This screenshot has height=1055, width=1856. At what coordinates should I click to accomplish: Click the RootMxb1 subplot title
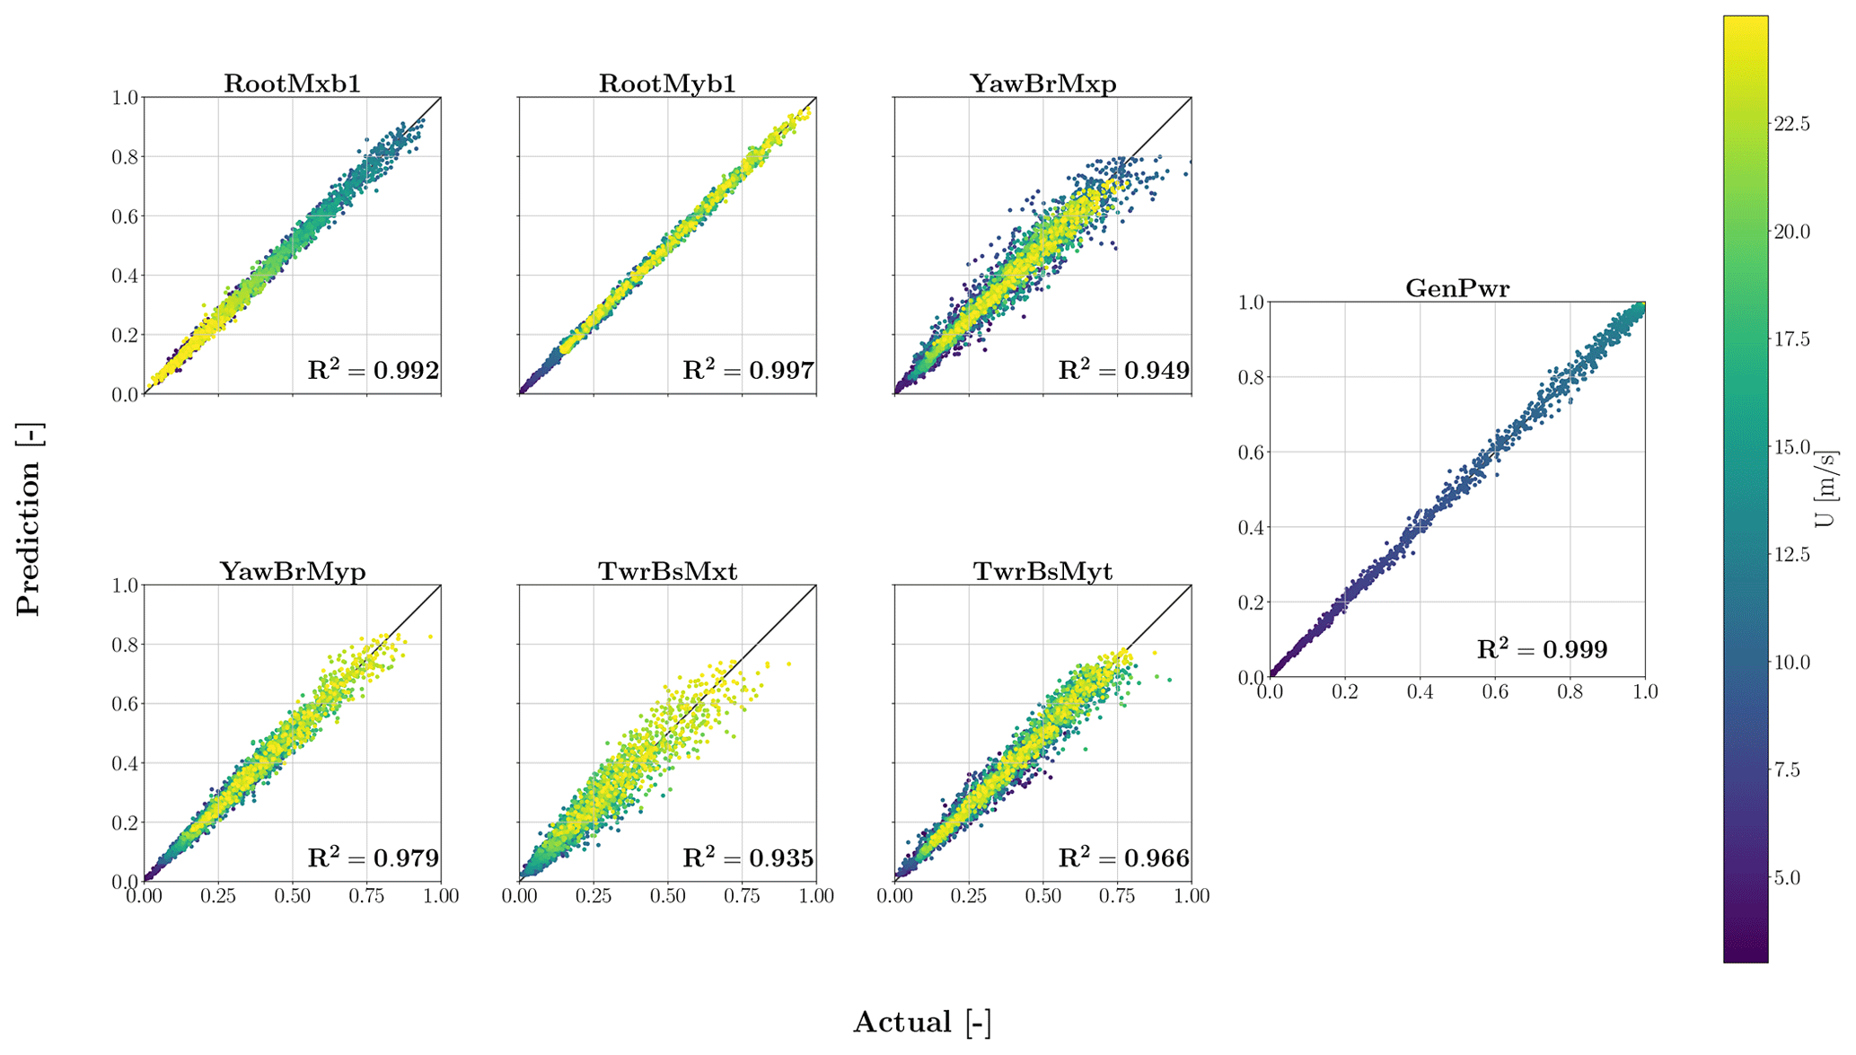(x=292, y=84)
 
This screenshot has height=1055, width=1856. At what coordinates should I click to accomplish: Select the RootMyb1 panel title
(x=667, y=84)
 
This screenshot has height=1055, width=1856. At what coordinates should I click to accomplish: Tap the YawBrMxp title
(x=1042, y=84)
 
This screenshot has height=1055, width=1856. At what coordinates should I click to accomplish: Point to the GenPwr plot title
(x=1456, y=288)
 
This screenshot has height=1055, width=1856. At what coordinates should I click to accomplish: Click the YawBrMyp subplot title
(x=292, y=571)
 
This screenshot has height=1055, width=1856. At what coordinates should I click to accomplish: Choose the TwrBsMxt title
(x=667, y=571)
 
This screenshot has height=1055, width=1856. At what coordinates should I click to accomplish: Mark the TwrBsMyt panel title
(x=1042, y=571)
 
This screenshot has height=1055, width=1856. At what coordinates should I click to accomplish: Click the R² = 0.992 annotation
(x=373, y=369)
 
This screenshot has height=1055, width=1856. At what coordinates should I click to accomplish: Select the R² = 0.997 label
(x=748, y=369)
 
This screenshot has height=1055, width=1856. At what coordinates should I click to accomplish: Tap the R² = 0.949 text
(x=1123, y=369)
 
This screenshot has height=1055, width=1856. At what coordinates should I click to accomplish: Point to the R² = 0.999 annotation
(x=1542, y=648)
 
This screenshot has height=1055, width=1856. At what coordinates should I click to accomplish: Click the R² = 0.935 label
(x=748, y=857)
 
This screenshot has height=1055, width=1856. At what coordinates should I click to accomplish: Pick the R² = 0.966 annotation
(x=1123, y=857)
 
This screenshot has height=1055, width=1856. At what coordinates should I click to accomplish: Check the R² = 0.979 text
(x=373, y=857)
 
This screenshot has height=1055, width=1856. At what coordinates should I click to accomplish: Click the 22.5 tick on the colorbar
(x=1791, y=124)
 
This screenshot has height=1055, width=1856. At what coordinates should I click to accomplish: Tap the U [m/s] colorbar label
(x=1825, y=489)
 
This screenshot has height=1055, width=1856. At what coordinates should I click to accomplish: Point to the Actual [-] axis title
(x=921, y=1022)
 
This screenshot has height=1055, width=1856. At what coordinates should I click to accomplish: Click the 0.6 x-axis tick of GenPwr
(x=1495, y=691)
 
